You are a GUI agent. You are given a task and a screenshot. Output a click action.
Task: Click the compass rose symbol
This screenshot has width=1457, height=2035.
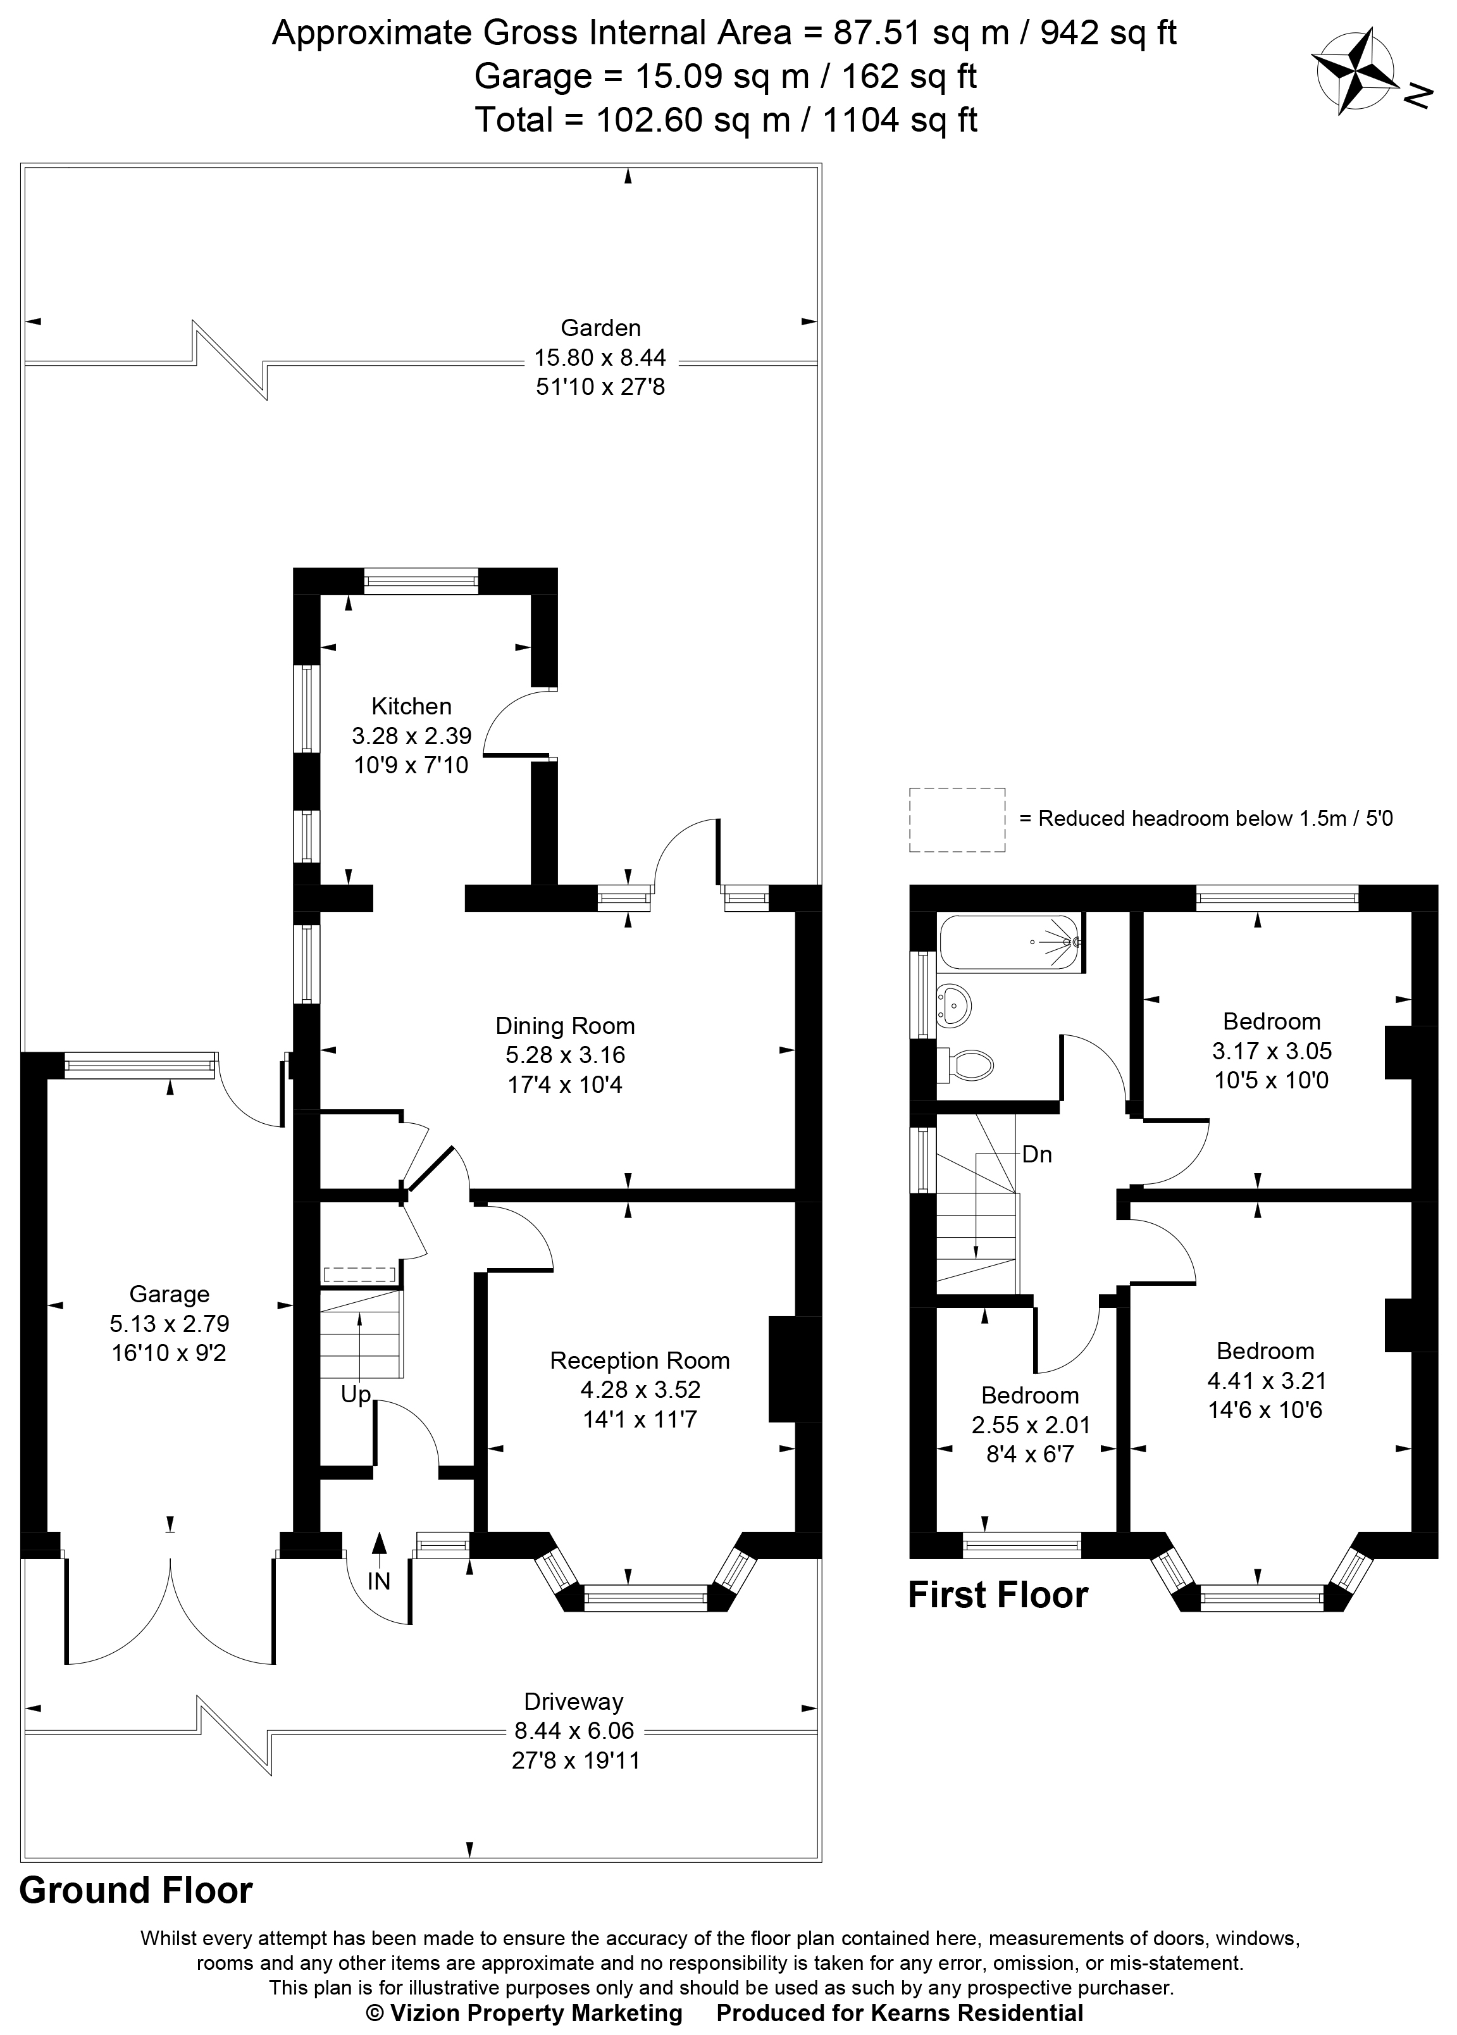1355,71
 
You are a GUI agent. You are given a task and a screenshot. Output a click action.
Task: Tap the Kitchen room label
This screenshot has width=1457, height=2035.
412,706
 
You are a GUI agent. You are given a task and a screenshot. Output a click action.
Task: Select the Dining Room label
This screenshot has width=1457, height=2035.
565,1026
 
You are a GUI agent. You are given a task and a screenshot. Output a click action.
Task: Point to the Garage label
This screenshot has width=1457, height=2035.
170,1294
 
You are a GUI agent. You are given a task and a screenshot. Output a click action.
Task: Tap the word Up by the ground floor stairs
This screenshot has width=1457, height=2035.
356,1395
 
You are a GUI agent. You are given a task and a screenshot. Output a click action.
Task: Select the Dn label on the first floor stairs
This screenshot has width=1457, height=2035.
1037,1154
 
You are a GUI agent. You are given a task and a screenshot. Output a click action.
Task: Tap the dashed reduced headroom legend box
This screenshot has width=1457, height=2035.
957,820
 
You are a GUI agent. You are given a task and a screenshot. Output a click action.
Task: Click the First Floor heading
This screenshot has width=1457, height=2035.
998,1595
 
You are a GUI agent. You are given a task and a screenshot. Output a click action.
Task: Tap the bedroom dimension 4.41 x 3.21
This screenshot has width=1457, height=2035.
1265,1380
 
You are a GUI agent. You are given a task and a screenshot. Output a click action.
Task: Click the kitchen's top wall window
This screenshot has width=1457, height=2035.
421,582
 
